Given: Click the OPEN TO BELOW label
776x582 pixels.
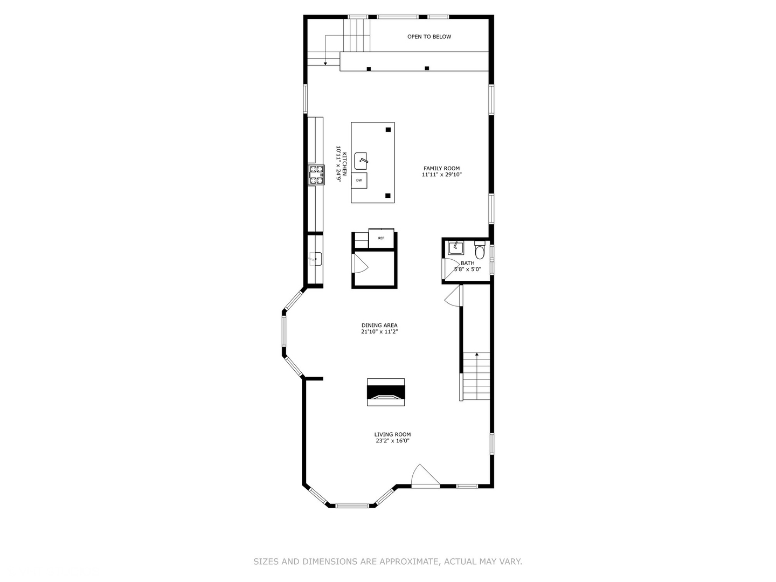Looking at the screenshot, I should tap(429, 37).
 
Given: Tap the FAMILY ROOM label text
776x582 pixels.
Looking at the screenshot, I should tap(441, 169).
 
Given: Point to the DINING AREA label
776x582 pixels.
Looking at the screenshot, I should tap(379, 325).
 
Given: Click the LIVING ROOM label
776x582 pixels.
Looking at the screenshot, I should tap(392, 434).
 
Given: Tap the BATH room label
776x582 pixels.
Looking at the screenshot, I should tap(467, 263).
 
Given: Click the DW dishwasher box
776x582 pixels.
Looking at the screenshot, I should tap(359, 181).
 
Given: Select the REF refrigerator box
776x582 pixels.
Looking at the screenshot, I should tap(381, 238).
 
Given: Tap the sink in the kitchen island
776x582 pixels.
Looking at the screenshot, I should tap(362, 159).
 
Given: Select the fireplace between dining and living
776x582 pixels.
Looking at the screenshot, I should tap(386, 392).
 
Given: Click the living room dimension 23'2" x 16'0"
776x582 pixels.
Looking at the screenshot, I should tap(392, 441).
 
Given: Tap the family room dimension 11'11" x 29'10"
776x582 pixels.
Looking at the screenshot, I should tap(441, 175).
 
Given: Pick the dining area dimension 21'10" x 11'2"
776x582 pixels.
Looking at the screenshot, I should tap(379, 332).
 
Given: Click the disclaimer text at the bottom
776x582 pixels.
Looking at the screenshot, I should tap(387, 562).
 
